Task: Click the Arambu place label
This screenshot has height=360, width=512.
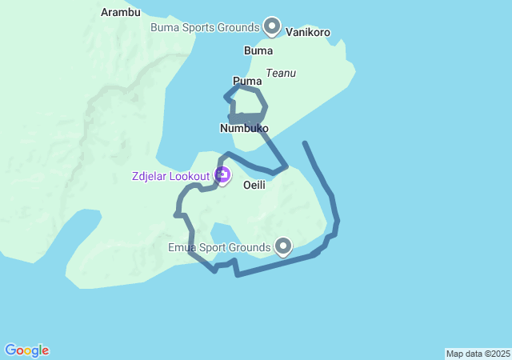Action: pos(121,12)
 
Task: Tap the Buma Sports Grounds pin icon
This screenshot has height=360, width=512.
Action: pos(272,26)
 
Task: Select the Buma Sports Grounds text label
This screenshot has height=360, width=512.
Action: pos(206,27)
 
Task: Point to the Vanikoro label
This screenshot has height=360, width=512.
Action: pos(308,33)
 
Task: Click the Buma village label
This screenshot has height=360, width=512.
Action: pos(258,50)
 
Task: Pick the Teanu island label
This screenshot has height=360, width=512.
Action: pos(281,73)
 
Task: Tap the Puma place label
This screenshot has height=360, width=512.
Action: pos(247,81)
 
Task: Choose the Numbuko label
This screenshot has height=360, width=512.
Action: pos(244,128)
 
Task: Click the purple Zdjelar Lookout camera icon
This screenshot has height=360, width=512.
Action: pos(222,174)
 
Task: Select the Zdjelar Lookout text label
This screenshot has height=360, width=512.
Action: pos(171,175)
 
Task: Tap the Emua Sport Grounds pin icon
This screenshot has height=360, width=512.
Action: pos(282,246)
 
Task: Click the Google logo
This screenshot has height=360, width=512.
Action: pos(26,350)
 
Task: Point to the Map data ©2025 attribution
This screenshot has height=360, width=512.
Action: pos(478,354)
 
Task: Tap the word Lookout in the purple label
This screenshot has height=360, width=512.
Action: pos(190,175)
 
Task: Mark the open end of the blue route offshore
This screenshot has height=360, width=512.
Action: pos(305,143)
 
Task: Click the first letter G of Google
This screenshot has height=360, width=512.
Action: pos(10,350)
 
